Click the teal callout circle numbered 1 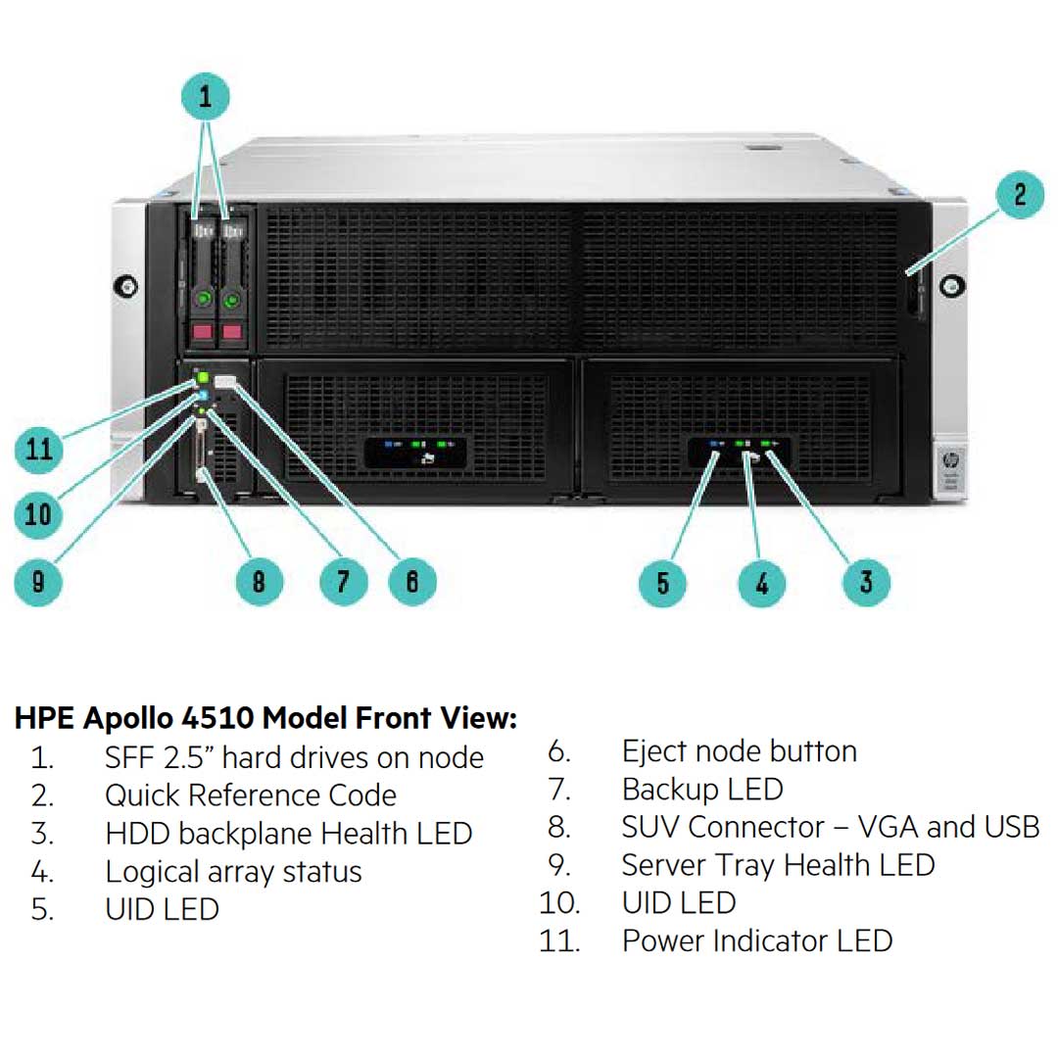pyautogui.click(x=205, y=97)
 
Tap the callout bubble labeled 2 pyautogui.click(x=1020, y=194)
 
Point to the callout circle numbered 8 pyautogui.click(x=259, y=582)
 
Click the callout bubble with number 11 pyautogui.click(x=38, y=450)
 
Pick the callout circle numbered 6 pyautogui.click(x=412, y=582)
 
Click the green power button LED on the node pyautogui.click(x=204, y=376)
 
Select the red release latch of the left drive pyautogui.click(x=203, y=333)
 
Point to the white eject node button pyautogui.click(x=224, y=381)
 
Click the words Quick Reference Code pyautogui.click(x=251, y=795)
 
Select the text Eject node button pyautogui.click(x=739, y=751)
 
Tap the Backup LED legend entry pyautogui.click(x=702, y=790)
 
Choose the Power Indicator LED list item pyautogui.click(x=756, y=941)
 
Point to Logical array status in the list pyautogui.click(x=233, y=872)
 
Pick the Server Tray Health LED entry pyautogui.click(x=778, y=865)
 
